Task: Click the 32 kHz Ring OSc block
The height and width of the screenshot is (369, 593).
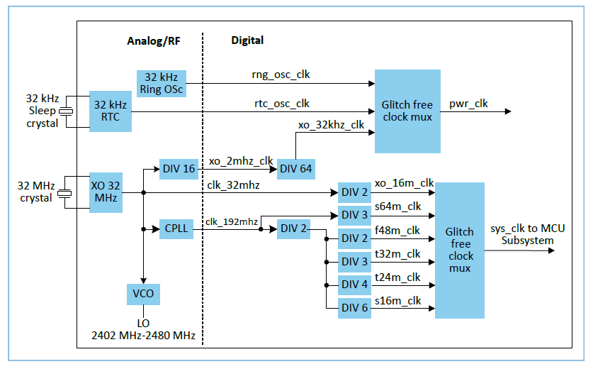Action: click(x=162, y=84)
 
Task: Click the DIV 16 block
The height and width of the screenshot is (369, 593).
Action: click(x=180, y=169)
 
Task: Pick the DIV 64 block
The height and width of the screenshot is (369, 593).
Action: click(x=295, y=169)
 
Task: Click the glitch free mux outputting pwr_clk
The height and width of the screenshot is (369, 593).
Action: click(x=407, y=111)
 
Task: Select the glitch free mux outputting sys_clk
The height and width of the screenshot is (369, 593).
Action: click(x=460, y=250)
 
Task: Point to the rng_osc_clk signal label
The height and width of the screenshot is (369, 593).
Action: click(x=281, y=74)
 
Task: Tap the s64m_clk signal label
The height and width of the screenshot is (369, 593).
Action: click(x=398, y=206)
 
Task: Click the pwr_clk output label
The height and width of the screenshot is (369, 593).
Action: click(x=468, y=104)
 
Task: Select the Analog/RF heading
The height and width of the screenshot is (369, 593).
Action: click(x=153, y=41)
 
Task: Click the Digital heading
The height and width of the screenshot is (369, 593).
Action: click(x=247, y=40)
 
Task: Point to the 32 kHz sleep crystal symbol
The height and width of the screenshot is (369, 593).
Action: click(x=66, y=111)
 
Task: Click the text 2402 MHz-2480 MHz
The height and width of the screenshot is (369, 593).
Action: click(x=143, y=334)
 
